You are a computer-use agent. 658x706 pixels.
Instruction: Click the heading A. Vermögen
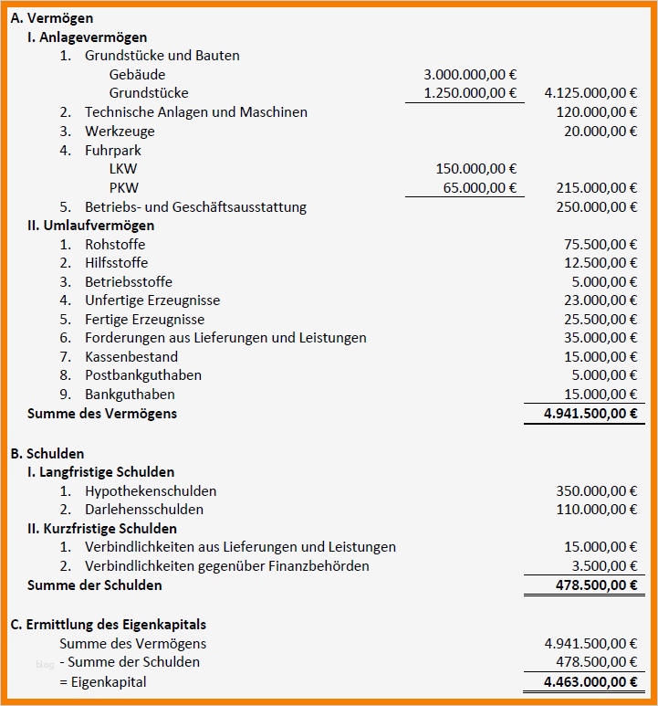tap(51, 18)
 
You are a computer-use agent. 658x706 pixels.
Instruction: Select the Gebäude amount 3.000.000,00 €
tap(470, 74)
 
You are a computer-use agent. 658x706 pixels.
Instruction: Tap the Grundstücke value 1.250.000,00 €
tap(470, 93)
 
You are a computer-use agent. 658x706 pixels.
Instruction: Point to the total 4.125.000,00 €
tap(590, 93)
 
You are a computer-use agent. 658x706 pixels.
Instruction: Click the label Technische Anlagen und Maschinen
tap(195, 112)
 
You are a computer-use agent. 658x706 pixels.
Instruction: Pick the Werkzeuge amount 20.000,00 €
tap(601, 132)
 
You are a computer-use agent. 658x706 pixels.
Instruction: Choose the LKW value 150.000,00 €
tap(476, 169)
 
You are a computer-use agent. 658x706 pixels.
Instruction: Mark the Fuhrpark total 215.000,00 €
tap(597, 188)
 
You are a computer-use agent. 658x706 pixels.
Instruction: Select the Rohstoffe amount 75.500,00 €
tap(601, 245)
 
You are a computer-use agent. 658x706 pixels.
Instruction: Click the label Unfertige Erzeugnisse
tap(152, 300)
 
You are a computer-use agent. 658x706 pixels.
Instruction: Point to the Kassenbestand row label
tap(131, 357)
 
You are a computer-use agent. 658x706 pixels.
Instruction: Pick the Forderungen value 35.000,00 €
tap(601, 338)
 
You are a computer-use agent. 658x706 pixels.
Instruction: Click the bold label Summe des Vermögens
tap(102, 414)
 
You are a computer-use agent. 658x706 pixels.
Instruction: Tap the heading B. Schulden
tap(47, 454)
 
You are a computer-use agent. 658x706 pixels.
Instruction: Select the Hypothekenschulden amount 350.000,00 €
tap(597, 491)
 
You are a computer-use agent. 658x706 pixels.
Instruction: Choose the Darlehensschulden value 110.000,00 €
tap(597, 510)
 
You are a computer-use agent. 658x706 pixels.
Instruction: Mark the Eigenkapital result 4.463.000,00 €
tap(590, 682)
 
